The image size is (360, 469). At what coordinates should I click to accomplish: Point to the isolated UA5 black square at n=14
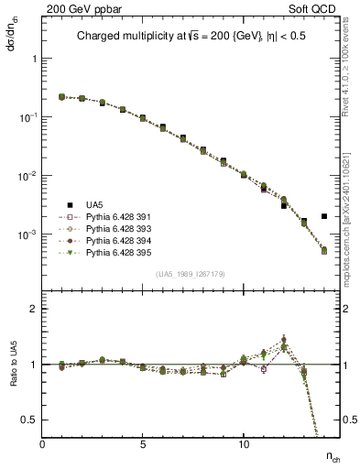(324, 217)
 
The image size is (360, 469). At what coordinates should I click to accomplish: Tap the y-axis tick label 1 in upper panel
(34, 59)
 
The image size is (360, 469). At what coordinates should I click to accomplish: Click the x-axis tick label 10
(244, 444)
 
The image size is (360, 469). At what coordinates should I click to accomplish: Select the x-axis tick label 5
(143, 444)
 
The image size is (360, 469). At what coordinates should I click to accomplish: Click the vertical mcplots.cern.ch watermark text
(351, 220)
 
